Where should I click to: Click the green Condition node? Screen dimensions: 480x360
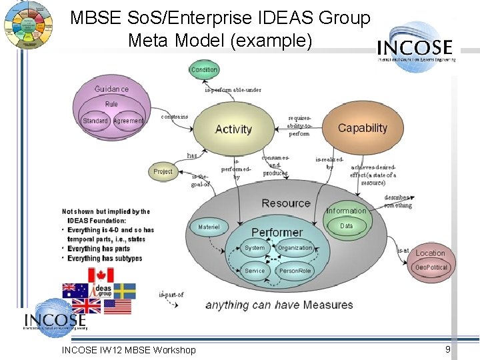pos(204,69)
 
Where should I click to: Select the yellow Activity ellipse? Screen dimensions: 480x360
pos(233,129)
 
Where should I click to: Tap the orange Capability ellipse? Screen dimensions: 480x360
pos(362,128)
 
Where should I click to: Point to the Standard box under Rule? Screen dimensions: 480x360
pos(95,121)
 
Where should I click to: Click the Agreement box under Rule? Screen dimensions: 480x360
pos(128,121)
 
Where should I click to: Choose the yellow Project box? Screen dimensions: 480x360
pos(163,171)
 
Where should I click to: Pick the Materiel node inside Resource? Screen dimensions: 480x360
pos(209,227)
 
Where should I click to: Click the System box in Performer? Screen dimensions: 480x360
pos(255,248)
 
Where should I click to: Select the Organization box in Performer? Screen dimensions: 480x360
pos(295,248)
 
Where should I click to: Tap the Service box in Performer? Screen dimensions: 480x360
pos(255,271)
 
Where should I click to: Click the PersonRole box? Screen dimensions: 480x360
pos(295,271)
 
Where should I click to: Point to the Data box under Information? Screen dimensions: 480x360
pos(347,226)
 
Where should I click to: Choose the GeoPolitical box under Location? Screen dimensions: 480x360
pos(431,267)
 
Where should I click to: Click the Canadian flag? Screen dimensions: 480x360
pos(101,275)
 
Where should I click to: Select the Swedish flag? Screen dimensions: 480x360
pos(125,291)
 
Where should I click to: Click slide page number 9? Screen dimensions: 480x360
pos(448,349)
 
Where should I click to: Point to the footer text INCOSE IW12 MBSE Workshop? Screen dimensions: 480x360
pos(129,350)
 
